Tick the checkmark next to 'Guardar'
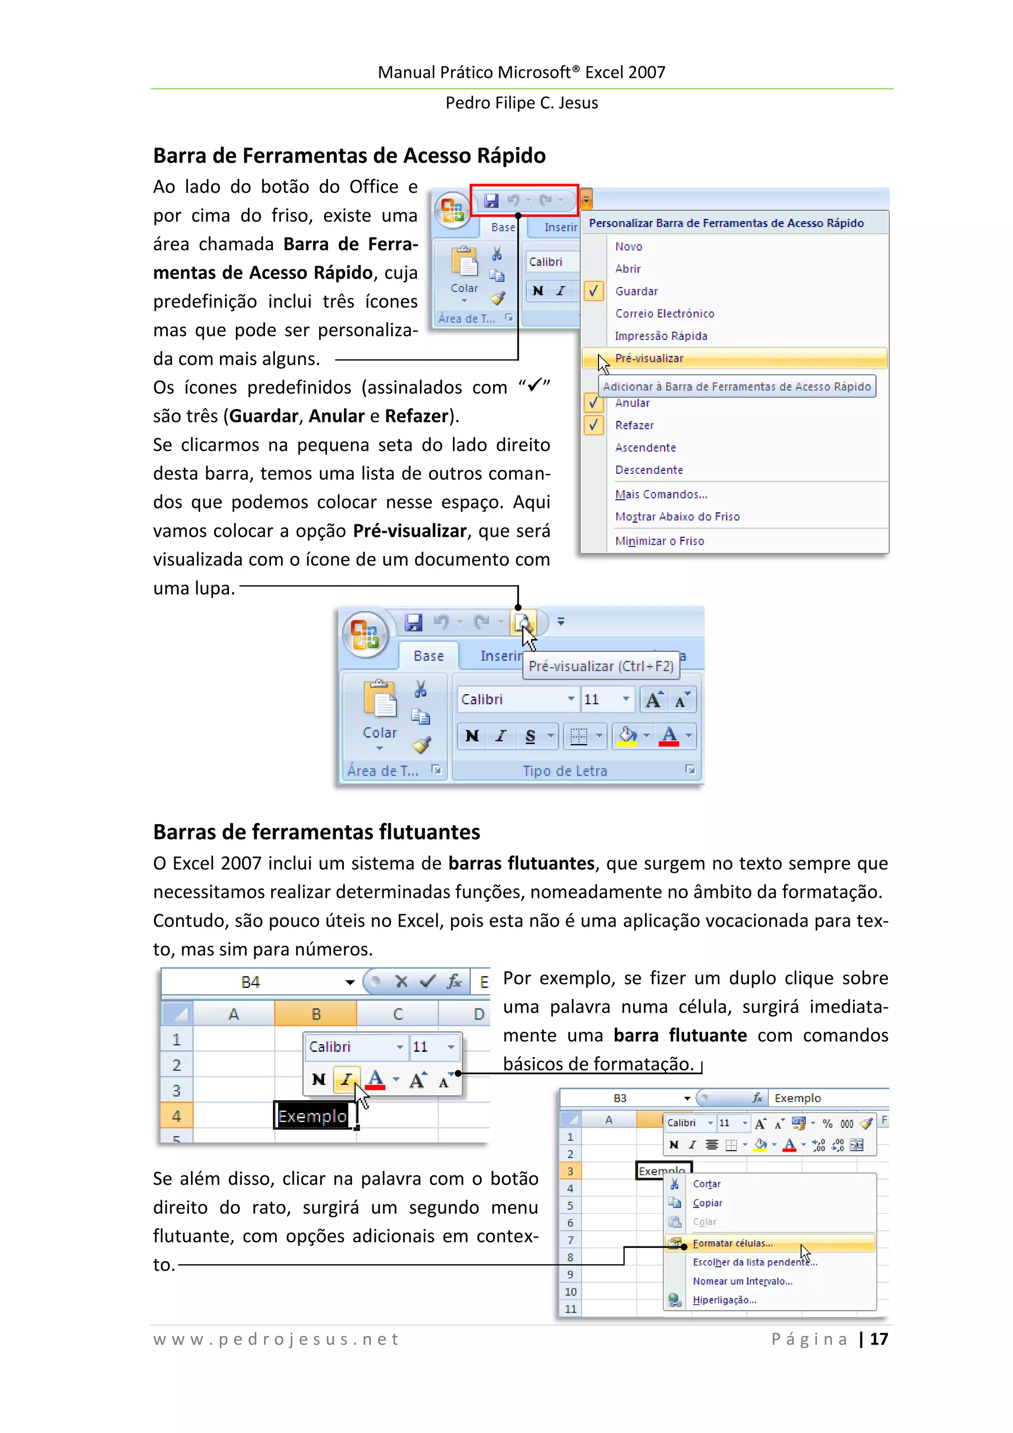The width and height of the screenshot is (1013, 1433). (594, 291)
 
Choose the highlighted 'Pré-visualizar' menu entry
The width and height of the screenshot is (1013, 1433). (649, 358)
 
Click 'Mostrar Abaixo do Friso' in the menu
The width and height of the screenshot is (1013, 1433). (677, 517)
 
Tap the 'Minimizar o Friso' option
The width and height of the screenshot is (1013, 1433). (659, 541)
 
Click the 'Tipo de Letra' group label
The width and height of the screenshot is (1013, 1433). (564, 771)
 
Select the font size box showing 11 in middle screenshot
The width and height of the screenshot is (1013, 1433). (599, 699)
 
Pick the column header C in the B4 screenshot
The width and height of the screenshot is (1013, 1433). (398, 1014)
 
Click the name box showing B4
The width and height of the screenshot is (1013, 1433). (251, 982)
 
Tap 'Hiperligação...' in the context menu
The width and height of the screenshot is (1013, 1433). (724, 1300)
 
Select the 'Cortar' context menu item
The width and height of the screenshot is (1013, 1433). (706, 1184)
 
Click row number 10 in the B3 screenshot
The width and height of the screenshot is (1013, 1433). (570, 1292)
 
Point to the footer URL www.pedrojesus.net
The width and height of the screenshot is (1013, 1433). (276, 1340)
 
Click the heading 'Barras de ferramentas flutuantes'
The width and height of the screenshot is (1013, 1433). (317, 832)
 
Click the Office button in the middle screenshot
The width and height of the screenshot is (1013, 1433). (365, 634)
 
